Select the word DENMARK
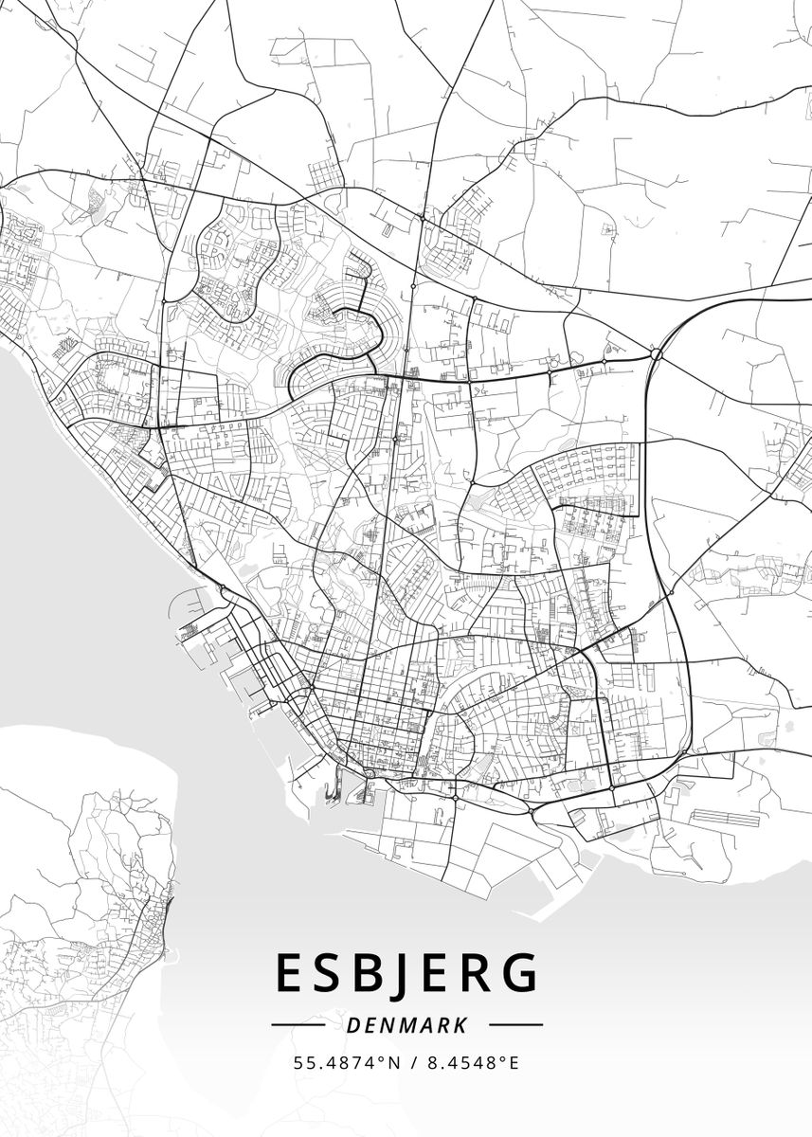pyautogui.click(x=406, y=1025)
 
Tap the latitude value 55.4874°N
pyautogui.click(x=343, y=1062)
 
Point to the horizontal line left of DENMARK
pyautogui.click(x=298, y=1024)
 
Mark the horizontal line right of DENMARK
pyautogui.click(x=515, y=1024)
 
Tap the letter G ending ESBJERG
pyautogui.click(x=519, y=973)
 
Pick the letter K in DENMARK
pyautogui.click(x=460, y=1025)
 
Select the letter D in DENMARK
pyautogui.click(x=352, y=1025)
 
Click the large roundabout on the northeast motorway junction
pyautogui.click(x=656, y=354)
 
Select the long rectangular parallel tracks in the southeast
pyautogui.click(x=725, y=816)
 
